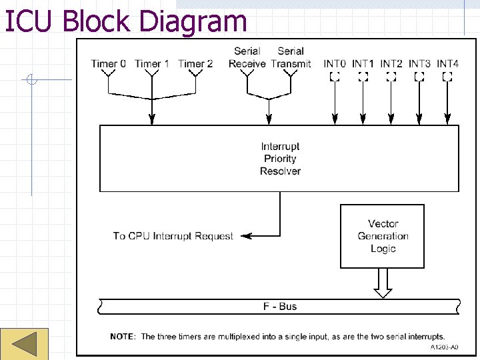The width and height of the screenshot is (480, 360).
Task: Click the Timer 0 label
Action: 109,64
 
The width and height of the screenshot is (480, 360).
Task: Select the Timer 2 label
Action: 195,64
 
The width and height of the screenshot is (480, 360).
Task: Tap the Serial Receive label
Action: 247,57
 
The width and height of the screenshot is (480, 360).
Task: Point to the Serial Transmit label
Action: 291,57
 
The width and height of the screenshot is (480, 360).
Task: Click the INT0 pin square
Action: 335,77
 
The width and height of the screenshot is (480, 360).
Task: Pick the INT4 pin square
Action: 447,77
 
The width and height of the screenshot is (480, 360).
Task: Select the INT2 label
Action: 391,64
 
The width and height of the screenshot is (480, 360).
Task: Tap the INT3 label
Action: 419,64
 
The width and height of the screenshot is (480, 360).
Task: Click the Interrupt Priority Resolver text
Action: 280,159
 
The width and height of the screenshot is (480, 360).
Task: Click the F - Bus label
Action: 280,307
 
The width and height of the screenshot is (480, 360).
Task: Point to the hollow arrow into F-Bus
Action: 383,283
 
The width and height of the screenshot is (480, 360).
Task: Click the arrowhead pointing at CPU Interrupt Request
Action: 247,236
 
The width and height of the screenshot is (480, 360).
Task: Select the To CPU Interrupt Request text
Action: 173,236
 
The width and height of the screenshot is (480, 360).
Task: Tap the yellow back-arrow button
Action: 24,344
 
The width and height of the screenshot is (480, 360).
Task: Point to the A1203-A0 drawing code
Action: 444,347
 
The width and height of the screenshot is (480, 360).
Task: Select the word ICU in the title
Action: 28,21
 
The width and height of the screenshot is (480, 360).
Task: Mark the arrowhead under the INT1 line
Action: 363,119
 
